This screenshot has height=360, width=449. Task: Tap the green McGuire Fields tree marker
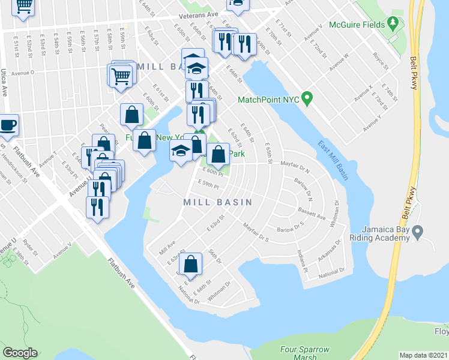[393, 23]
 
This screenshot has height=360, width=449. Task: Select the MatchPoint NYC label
[268, 99]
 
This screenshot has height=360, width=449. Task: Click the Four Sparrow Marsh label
[304, 352]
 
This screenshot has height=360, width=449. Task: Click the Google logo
[20, 353]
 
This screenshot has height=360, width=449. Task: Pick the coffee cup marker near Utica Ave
[8, 125]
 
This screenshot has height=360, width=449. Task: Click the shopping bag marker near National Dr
[190, 263]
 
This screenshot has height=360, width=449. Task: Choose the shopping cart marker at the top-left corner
[23, 6]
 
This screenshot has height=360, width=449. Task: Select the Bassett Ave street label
[312, 213]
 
